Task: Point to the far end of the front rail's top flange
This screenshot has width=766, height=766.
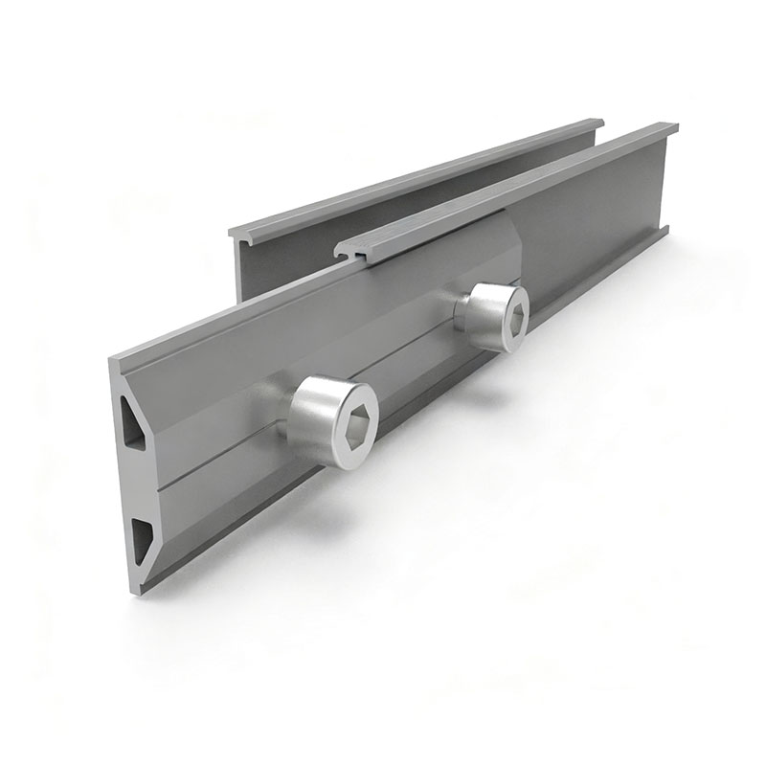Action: [670, 126]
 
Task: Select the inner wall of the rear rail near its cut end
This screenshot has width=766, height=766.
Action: [251, 268]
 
